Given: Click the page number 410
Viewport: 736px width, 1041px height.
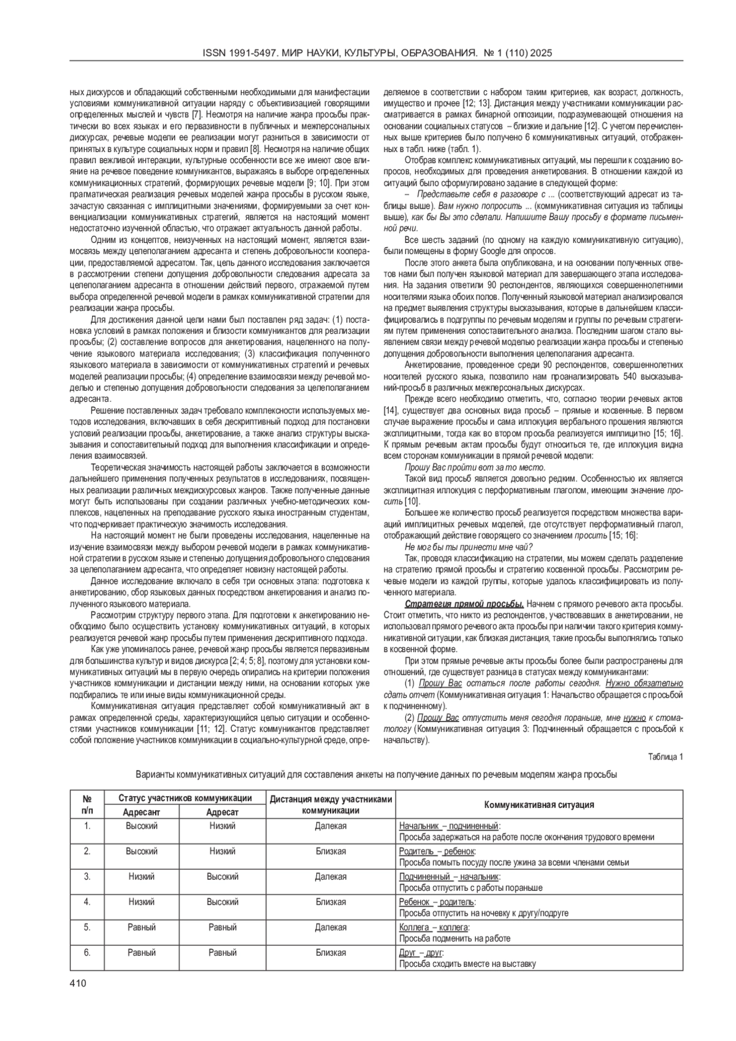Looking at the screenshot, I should pyautogui.click(x=78, y=983).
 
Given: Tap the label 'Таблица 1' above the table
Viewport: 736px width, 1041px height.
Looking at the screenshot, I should pyautogui.click(x=665, y=756).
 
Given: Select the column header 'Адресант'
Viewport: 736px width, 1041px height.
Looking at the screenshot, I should pyautogui.click(x=141, y=812).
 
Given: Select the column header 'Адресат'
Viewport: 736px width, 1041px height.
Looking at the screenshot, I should pyautogui.click(x=222, y=812).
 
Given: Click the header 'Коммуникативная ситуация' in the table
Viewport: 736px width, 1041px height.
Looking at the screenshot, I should pyautogui.click(x=539, y=805).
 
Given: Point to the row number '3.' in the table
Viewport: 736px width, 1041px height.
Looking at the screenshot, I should pyautogui.click(x=87, y=877).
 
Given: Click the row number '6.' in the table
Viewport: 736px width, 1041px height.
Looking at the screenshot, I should pyautogui.click(x=87, y=953).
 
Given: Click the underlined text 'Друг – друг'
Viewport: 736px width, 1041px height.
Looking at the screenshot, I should pyautogui.click(x=421, y=953).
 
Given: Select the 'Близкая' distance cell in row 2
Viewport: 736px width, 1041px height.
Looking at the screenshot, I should pyautogui.click(x=331, y=851).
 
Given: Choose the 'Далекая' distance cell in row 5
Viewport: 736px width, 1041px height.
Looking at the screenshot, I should pyautogui.click(x=331, y=928).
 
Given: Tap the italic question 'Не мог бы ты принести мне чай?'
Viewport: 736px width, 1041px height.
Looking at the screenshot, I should pyautogui.click(x=469, y=547).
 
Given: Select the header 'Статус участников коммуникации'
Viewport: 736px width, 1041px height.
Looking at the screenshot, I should pyautogui.click(x=185, y=798).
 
